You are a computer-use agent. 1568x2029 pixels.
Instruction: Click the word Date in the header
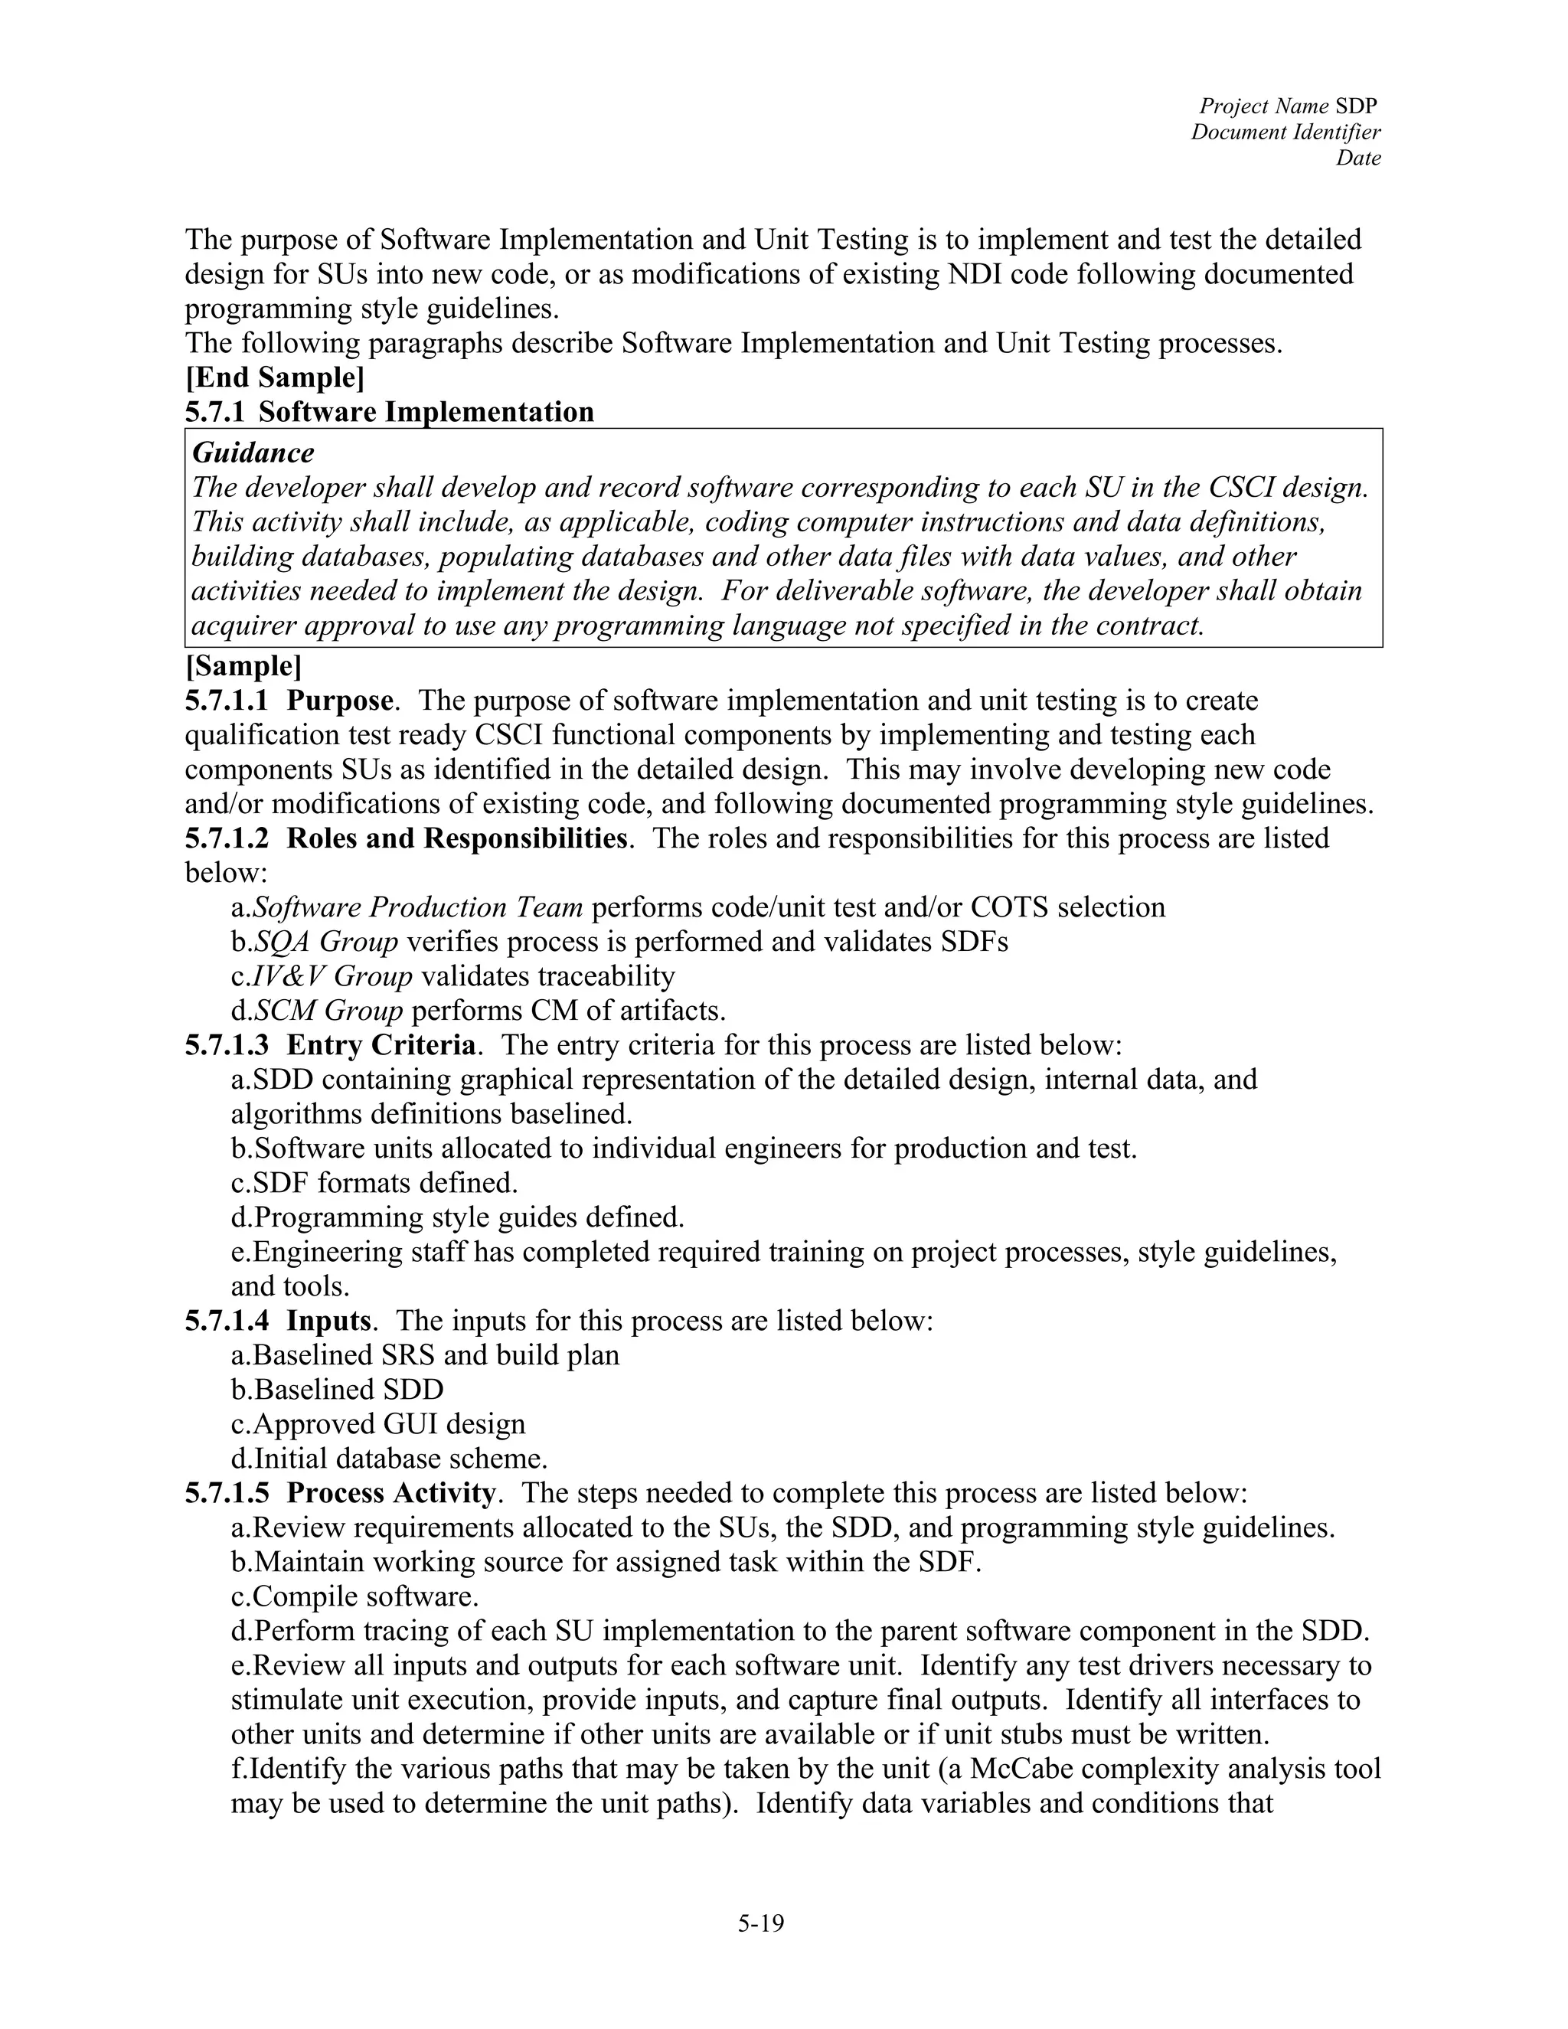click(x=1358, y=158)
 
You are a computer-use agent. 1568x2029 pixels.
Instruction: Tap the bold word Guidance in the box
click(x=253, y=453)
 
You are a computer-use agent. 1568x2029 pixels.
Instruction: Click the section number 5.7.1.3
click(x=227, y=1046)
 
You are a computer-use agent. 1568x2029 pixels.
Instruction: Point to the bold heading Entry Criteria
click(x=381, y=1046)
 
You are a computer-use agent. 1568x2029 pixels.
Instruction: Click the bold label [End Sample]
click(x=274, y=378)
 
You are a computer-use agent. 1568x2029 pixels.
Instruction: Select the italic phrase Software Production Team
click(x=418, y=907)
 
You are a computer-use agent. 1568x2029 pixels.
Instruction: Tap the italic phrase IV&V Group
click(x=332, y=976)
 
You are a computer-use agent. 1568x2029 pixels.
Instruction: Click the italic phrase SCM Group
click(x=328, y=1011)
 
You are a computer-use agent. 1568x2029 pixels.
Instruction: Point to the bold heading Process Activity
click(x=390, y=1494)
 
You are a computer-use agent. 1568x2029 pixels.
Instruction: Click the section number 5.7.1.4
click(x=227, y=1321)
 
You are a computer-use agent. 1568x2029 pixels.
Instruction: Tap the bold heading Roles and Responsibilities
click(x=456, y=839)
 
